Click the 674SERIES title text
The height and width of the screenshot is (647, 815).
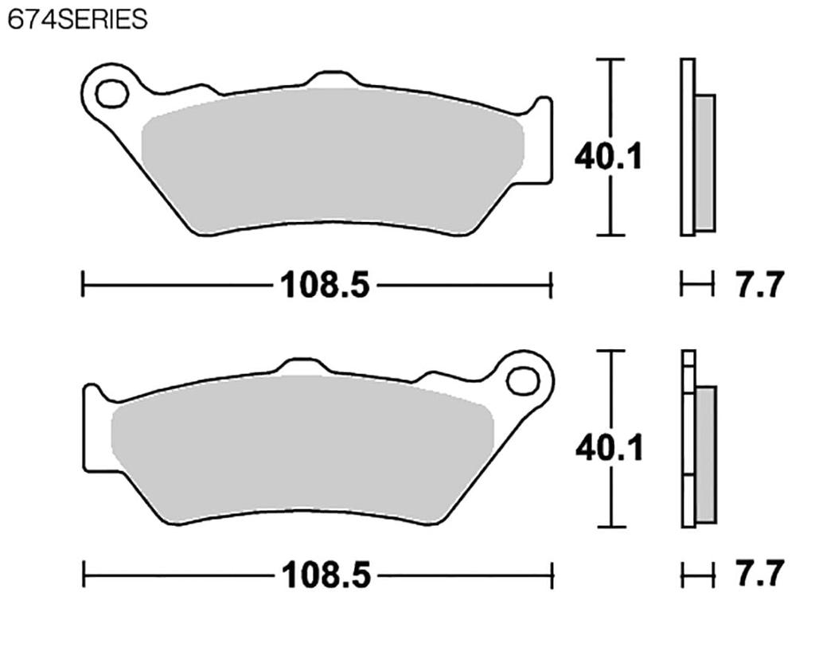(77, 19)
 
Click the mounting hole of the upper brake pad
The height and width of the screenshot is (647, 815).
(111, 94)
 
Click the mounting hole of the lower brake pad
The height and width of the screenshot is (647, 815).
(523, 380)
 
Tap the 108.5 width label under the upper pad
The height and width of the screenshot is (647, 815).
(325, 284)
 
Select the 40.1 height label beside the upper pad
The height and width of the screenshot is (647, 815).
(608, 157)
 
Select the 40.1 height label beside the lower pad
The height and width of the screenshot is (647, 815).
(609, 449)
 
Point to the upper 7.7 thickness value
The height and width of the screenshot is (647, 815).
(759, 284)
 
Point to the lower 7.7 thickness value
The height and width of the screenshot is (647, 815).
(759, 574)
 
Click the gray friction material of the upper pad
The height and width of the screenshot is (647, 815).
(330, 159)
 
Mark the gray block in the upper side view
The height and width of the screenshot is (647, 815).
(704, 162)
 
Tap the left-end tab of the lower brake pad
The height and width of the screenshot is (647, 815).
(95, 430)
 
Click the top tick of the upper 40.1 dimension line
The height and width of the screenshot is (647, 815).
(610, 60)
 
